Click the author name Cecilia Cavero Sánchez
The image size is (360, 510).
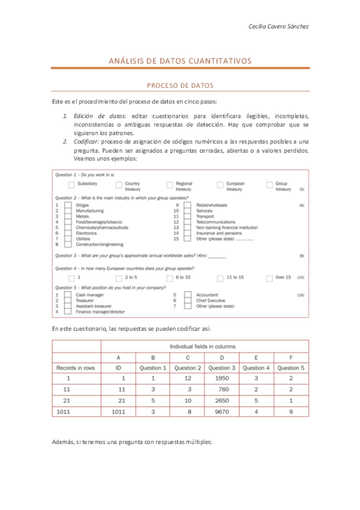(278, 26)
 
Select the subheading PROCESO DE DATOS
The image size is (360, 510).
(180, 87)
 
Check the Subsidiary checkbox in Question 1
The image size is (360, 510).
(72, 185)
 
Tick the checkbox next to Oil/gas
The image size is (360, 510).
(68, 206)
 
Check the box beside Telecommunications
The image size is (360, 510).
(188, 223)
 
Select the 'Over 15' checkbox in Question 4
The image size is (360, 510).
(269, 278)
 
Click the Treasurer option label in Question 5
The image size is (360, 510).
(85, 301)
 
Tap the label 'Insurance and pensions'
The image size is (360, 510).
(219, 233)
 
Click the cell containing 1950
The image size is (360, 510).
(222, 379)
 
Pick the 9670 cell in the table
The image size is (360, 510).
(222, 412)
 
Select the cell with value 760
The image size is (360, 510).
(222, 390)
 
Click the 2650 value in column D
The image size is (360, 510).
(222, 401)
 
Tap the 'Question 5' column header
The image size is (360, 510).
(291, 367)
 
